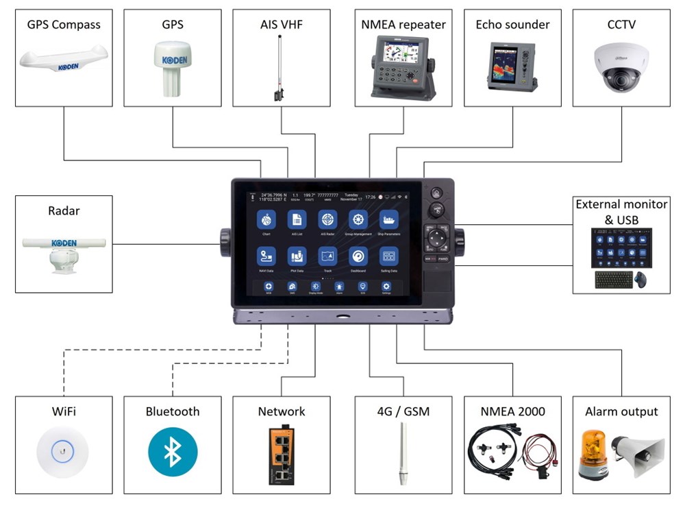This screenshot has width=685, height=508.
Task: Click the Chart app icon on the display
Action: click(x=266, y=219)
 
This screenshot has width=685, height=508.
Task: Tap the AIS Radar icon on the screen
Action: click(x=328, y=219)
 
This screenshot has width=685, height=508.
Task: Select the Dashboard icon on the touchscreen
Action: click(x=358, y=256)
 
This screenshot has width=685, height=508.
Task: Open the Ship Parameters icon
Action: click(x=389, y=219)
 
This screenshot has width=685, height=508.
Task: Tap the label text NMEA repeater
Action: click(x=403, y=25)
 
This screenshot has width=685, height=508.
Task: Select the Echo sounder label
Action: click(x=512, y=25)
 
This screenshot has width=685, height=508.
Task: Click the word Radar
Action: click(x=64, y=210)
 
